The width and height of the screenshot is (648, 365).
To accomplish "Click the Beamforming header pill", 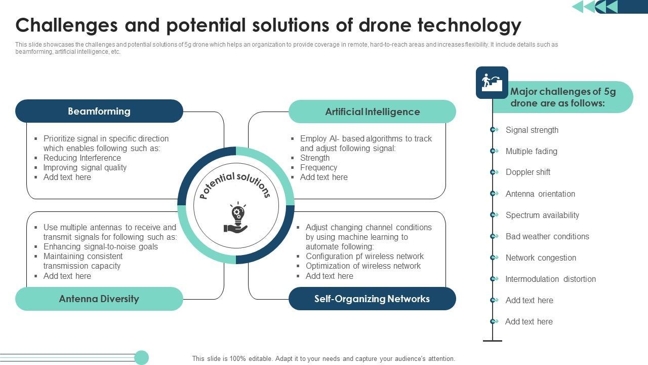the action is coord(99,111).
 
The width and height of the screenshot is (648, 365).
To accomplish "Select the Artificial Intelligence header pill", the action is coord(372,112).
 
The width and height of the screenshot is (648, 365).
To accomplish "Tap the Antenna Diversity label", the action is coord(99,299).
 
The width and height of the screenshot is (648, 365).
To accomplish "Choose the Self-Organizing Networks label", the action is coord(372,299).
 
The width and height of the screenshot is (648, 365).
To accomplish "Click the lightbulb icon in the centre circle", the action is coord(236,218).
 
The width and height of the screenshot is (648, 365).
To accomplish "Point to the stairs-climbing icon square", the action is coord(492,82).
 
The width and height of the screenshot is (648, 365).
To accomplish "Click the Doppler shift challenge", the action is coord(528,172).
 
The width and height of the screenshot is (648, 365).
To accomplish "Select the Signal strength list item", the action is coord(532,130).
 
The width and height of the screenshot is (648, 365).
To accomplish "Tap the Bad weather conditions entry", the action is coord(547,236).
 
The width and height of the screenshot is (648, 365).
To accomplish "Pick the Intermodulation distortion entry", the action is coord(550,279).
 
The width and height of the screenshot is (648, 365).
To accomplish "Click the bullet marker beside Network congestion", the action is coord(493,258).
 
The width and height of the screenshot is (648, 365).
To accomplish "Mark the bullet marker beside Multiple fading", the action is coord(493,151).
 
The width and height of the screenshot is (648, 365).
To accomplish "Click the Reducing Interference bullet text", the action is coord(82,158).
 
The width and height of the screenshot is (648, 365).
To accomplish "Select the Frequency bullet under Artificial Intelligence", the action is coord(318,167).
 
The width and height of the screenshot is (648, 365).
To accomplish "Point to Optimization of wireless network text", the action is coord(363,266).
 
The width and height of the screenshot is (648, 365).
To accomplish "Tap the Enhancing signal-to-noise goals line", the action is coord(100,246).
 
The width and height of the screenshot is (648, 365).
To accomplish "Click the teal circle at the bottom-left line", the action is coord(142,357).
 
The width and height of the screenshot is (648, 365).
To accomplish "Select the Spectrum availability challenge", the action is coord(542,215).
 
